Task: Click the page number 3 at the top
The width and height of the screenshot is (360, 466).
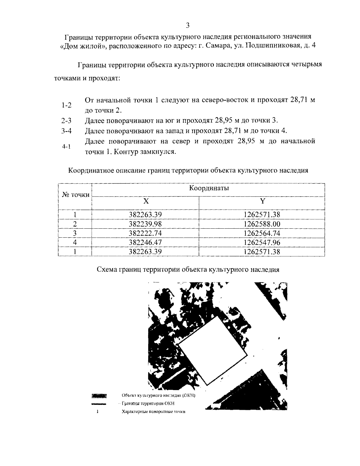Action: (187, 25)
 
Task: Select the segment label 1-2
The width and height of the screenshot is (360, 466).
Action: (66, 105)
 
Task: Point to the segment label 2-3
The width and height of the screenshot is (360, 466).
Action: (66, 121)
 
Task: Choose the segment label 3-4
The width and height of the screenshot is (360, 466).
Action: (66, 131)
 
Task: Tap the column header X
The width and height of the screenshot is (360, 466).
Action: (145, 201)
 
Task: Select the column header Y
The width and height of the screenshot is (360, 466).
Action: (262, 201)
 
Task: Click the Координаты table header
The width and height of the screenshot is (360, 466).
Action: (209, 188)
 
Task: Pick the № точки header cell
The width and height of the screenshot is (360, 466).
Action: (75, 195)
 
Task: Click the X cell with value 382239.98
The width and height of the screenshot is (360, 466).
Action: (145, 224)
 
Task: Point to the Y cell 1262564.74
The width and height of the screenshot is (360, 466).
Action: (262, 233)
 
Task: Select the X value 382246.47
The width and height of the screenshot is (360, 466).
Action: (145, 242)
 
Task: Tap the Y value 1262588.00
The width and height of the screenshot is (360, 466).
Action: (262, 224)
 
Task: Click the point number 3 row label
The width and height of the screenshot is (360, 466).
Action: (75, 233)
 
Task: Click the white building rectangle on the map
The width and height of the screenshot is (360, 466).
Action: (214, 351)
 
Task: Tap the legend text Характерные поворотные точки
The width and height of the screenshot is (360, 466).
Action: (153, 412)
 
